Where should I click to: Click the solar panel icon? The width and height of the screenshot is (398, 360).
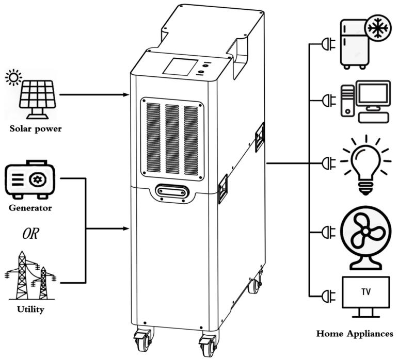pos(38,100)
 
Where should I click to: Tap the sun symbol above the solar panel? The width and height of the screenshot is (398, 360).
pos(13,77)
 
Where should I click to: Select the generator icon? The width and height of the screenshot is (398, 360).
pos(30,179)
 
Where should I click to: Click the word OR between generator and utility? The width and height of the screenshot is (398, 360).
pos(30,234)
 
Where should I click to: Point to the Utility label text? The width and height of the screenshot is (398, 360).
pos(30,309)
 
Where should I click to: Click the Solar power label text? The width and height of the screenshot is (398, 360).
pos(36,128)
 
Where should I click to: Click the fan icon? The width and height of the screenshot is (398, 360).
pos(365,238)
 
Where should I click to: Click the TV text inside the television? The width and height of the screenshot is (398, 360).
pos(366,292)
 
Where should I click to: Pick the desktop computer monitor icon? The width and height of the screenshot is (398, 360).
pos(373,94)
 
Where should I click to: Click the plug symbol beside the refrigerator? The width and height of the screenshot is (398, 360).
pos(328,44)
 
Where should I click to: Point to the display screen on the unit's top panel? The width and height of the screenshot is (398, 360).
pos(181,67)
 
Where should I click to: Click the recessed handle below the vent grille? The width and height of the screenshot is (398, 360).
pos(172,193)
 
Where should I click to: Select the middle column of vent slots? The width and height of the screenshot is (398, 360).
pos(172,139)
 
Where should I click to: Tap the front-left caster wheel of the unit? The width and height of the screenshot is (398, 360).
pos(142,340)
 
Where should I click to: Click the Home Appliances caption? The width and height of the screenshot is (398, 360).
pos(355,334)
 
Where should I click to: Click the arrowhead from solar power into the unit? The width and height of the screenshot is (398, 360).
pos(126,94)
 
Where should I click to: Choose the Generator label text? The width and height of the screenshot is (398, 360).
pos(30,208)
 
